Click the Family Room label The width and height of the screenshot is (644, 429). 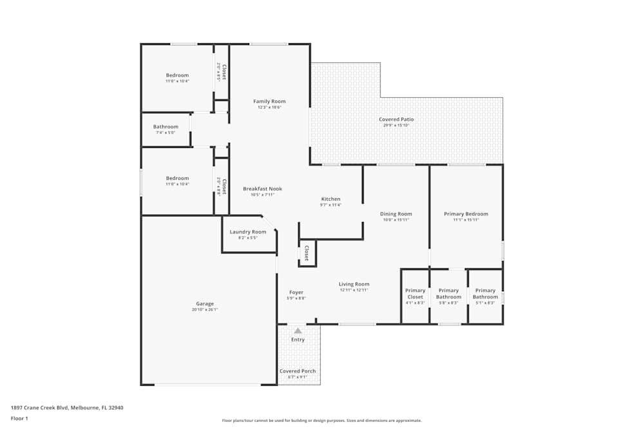click(x=269, y=102)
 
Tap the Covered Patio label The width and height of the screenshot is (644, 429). click(x=396, y=120)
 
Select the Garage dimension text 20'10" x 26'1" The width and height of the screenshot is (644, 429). click(x=205, y=310)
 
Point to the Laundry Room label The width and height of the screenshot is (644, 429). click(x=248, y=232)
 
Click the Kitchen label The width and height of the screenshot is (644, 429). click(x=330, y=199)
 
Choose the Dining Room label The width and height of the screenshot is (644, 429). click(x=396, y=214)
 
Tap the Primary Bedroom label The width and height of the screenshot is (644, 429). click(x=466, y=214)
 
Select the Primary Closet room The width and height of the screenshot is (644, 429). click(x=415, y=297)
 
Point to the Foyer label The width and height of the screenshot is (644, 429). click(x=296, y=293)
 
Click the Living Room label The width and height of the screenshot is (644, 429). click(x=354, y=284)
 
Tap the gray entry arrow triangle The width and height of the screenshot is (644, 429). click(x=298, y=331)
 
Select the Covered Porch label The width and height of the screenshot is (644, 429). click(x=298, y=371)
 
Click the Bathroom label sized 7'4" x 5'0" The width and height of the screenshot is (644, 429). click(x=166, y=127)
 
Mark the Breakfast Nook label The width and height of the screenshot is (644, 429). click(x=262, y=189)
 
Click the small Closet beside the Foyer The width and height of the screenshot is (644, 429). click(x=307, y=253)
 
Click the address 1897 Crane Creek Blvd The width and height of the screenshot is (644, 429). click(x=67, y=408)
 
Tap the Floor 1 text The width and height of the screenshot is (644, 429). click(x=19, y=418)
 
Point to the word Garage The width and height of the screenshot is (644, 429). click(x=205, y=304)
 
